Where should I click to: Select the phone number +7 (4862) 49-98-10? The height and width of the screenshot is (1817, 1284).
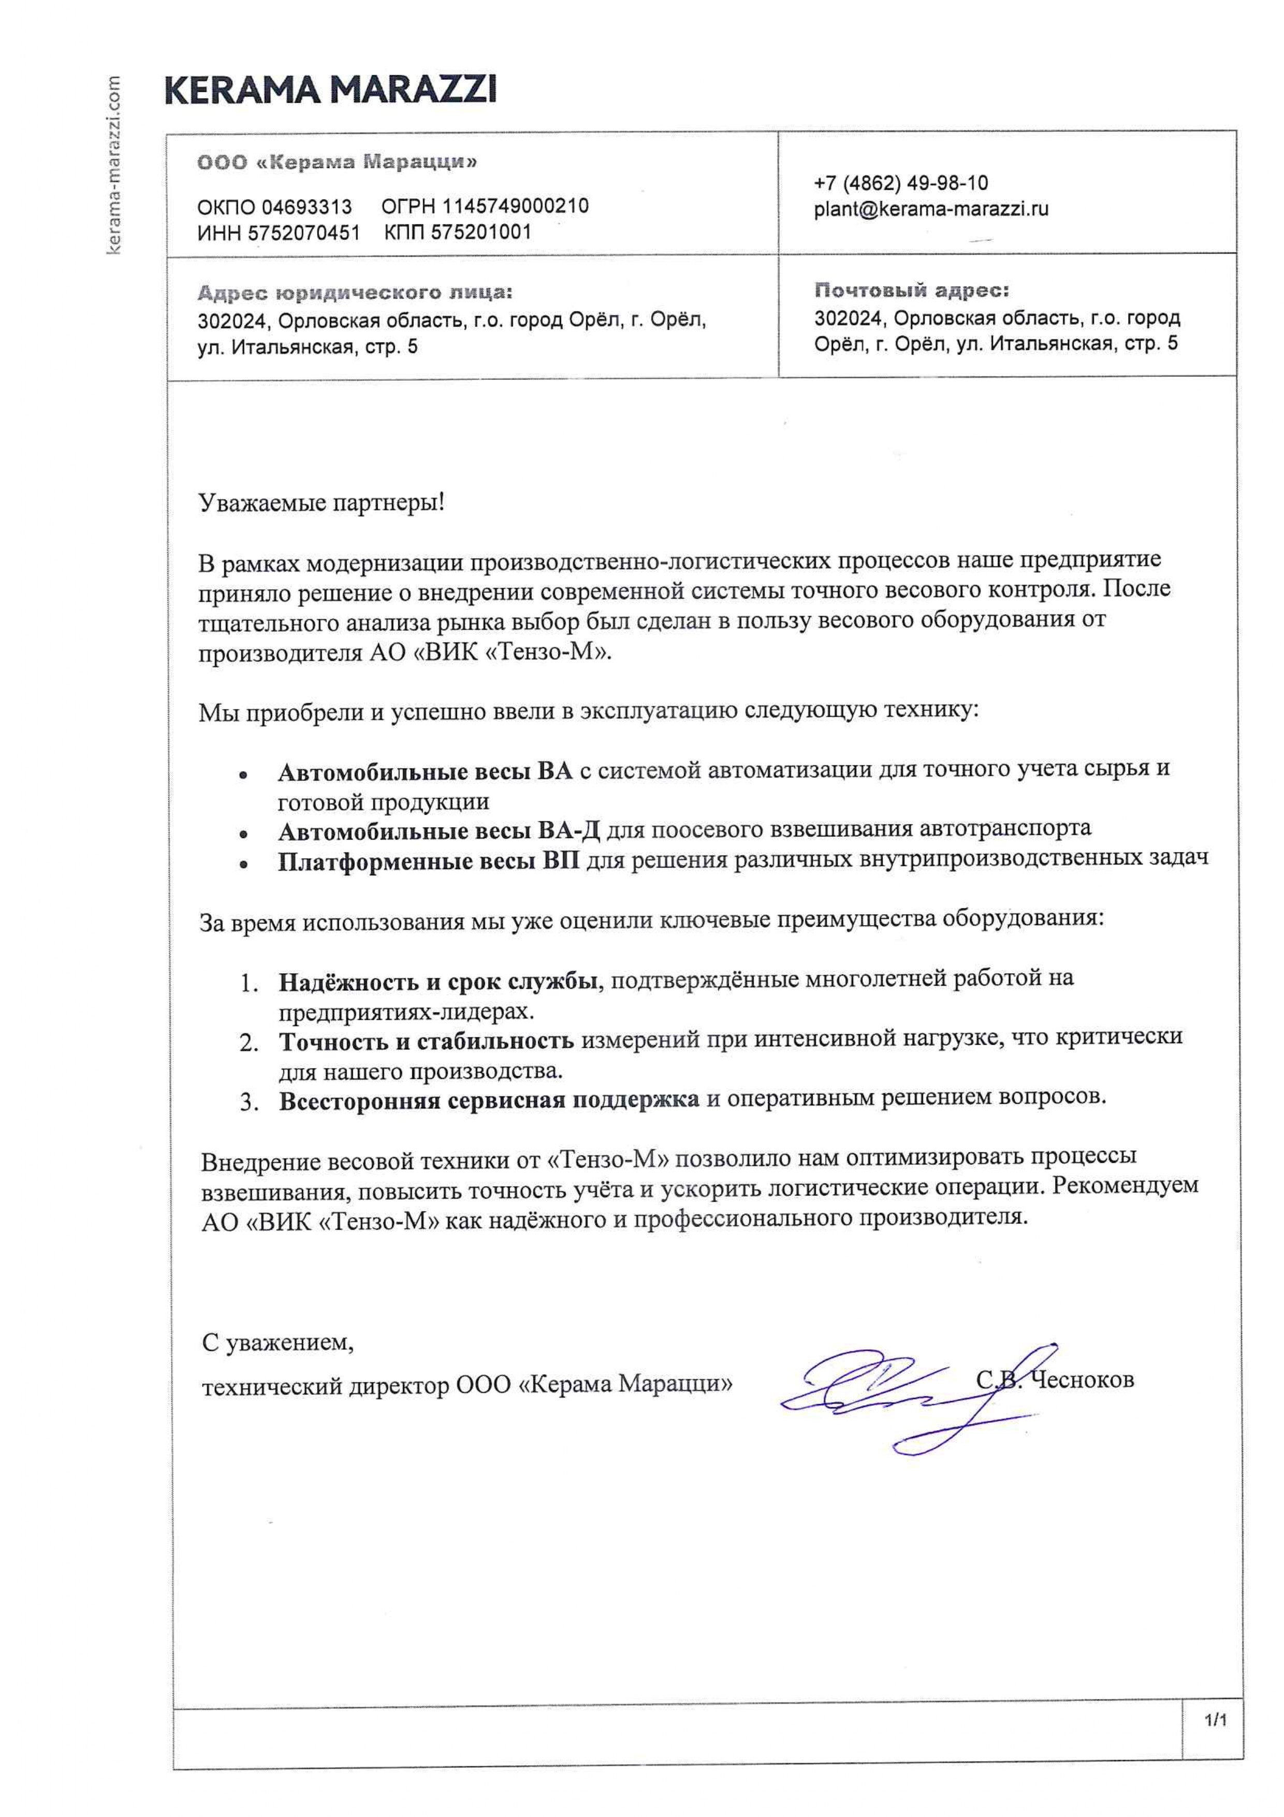click(x=900, y=183)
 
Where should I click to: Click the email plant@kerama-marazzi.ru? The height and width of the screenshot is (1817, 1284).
click(x=930, y=210)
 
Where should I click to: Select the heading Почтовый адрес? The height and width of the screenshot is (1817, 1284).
click(x=911, y=291)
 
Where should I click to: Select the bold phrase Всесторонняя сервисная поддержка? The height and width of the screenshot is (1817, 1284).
click(x=489, y=1101)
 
